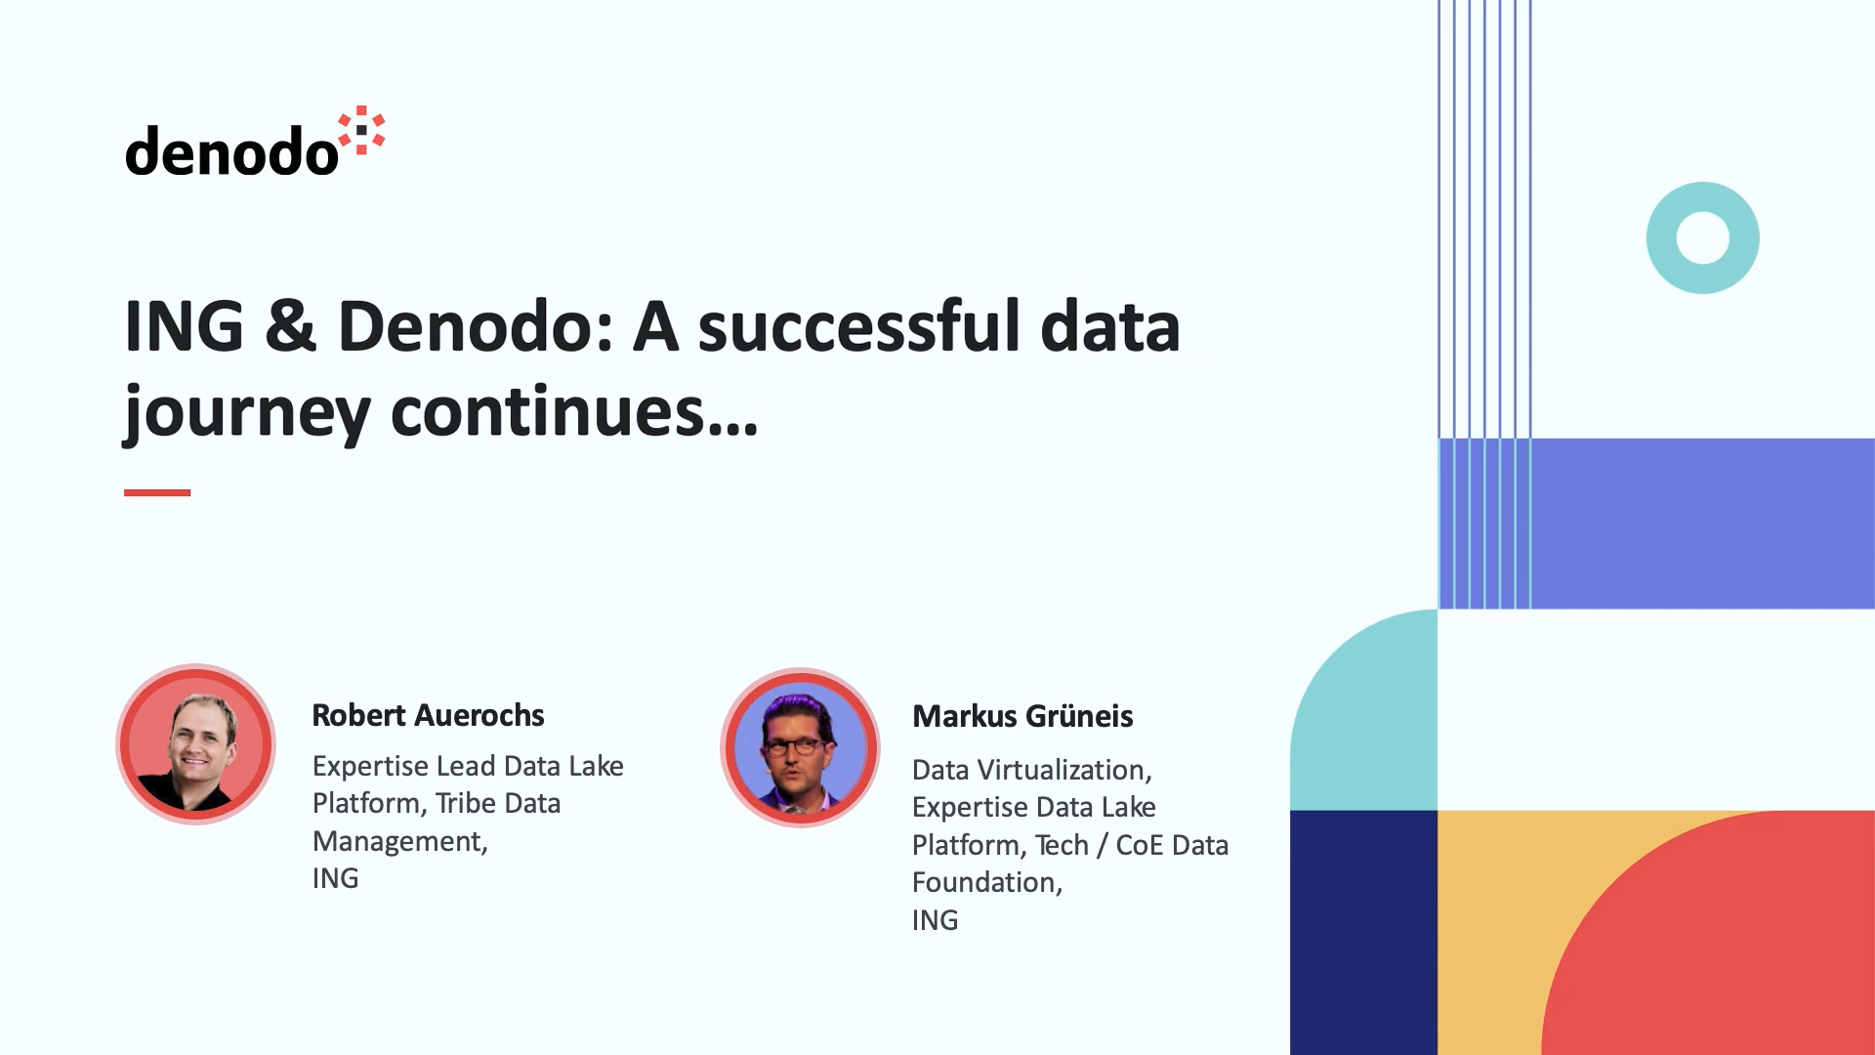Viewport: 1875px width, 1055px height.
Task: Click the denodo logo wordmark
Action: coord(231,152)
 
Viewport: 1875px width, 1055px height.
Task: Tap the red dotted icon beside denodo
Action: coord(361,131)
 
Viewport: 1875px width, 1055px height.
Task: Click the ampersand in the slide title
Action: coord(290,325)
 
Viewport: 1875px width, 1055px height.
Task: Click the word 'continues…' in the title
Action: coord(574,410)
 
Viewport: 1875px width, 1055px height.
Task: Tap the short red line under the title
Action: coord(157,492)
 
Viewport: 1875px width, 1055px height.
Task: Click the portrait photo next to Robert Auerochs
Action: coord(195,744)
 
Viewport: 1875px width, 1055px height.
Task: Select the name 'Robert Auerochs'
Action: coord(428,715)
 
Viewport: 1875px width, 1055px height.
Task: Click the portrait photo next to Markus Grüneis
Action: coord(800,747)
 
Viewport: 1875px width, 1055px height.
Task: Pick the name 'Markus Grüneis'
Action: coord(1022,716)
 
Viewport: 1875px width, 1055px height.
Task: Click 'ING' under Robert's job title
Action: coord(335,878)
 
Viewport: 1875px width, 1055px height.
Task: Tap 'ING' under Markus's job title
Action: coord(935,920)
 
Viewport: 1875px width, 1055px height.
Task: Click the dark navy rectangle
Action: coord(1363,932)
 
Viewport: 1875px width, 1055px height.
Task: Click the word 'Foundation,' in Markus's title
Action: coord(987,882)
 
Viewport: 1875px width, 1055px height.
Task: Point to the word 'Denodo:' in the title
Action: coord(476,325)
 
